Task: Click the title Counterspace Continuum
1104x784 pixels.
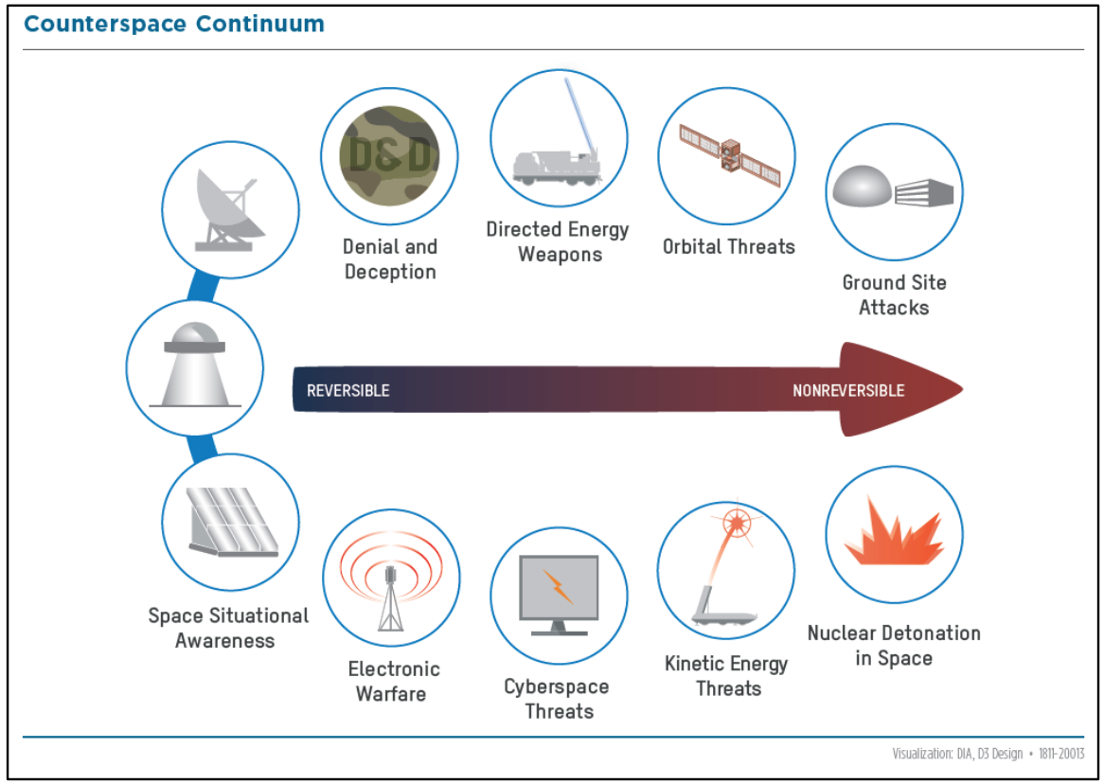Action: [x=174, y=24]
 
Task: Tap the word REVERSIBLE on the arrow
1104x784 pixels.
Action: [x=347, y=390]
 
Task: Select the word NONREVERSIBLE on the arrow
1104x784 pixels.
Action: [x=848, y=390]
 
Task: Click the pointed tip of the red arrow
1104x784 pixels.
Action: [x=962, y=389]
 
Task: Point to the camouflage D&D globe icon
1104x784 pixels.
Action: [x=389, y=155]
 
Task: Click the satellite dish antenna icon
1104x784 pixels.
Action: [x=226, y=210]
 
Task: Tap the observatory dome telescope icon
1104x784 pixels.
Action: [x=195, y=365]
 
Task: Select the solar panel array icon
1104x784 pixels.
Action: [x=232, y=522]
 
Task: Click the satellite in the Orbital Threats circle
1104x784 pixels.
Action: [x=730, y=155]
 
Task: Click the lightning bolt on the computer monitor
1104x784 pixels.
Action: [x=558, y=586]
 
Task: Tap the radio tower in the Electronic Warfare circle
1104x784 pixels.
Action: [x=391, y=598]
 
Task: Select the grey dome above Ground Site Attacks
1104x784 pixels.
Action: [x=862, y=187]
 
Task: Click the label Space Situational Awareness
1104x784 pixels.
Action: [x=228, y=628]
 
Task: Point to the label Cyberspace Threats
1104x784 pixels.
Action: [x=557, y=698]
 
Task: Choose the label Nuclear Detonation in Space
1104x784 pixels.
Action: [x=894, y=645]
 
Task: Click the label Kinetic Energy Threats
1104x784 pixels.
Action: [x=726, y=675]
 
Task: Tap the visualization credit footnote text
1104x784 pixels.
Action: [x=988, y=754]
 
